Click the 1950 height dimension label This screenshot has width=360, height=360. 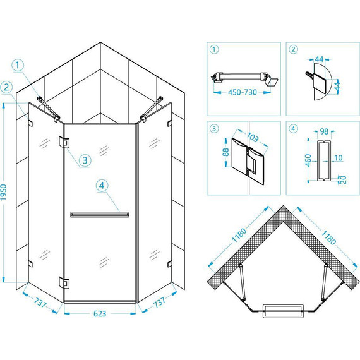(4, 192)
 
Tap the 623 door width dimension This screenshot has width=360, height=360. (100, 313)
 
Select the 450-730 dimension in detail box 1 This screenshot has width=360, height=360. (243, 92)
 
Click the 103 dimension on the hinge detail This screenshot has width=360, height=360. (253, 137)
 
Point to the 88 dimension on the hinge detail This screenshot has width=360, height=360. (226, 152)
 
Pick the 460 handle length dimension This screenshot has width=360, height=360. (308, 160)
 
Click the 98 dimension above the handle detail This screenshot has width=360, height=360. (324, 131)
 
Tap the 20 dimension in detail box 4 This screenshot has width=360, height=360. (343, 179)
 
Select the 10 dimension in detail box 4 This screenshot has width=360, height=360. (339, 158)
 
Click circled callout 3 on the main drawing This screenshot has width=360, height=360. (85, 160)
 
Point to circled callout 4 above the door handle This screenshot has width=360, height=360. (102, 185)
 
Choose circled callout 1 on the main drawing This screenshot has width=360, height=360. (18, 65)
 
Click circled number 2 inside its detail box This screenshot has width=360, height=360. (293, 49)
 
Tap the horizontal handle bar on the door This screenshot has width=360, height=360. (100, 215)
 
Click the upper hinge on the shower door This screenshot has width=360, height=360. (64, 143)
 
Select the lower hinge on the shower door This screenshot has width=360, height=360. (64, 282)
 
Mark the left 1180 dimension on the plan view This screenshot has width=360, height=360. (239, 236)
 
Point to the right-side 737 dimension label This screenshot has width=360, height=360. (159, 302)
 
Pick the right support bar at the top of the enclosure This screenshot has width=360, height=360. (152, 109)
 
